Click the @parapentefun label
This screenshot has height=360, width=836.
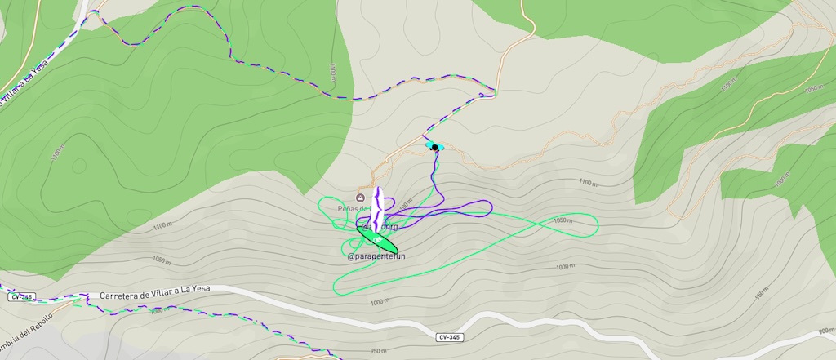click(376, 256)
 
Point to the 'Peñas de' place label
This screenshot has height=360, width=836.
click(354, 209)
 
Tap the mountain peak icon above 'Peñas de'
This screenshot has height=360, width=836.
click(361, 198)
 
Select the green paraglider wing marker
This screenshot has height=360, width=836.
click(376, 239)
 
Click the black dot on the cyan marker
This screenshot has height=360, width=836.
click(435, 147)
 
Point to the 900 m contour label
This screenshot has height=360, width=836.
click(825, 331)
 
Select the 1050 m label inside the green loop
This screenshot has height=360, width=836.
click(563, 220)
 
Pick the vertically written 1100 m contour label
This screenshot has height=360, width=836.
click(333, 73)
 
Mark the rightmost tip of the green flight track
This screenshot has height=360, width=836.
click(597, 224)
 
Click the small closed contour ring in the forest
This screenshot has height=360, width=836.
click(78, 165)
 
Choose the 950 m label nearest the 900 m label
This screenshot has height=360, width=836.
click(762, 294)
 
